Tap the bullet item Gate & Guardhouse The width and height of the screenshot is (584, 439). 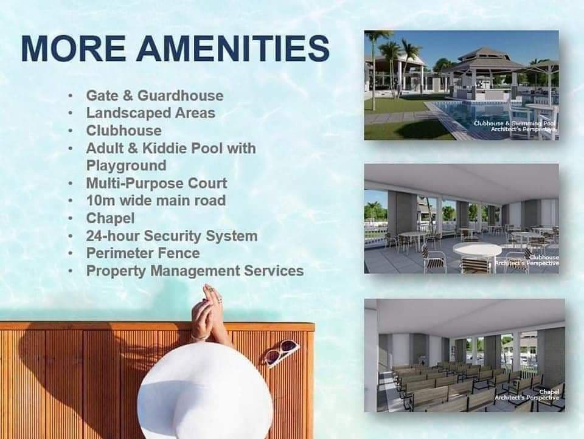(155, 95)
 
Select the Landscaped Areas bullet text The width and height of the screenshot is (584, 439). (150, 113)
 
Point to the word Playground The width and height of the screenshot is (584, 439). (126, 165)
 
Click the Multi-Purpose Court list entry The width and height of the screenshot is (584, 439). (156, 183)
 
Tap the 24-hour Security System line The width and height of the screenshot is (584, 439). (172, 236)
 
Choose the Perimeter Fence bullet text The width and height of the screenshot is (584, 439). (143, 253)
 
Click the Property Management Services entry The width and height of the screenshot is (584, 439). (195, 271)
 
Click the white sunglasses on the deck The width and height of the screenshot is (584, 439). (281, 353)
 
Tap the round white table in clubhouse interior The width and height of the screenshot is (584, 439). (478, 249)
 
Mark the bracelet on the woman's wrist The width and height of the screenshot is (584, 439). (200, 337)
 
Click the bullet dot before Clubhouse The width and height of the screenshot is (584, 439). (71, 131)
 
